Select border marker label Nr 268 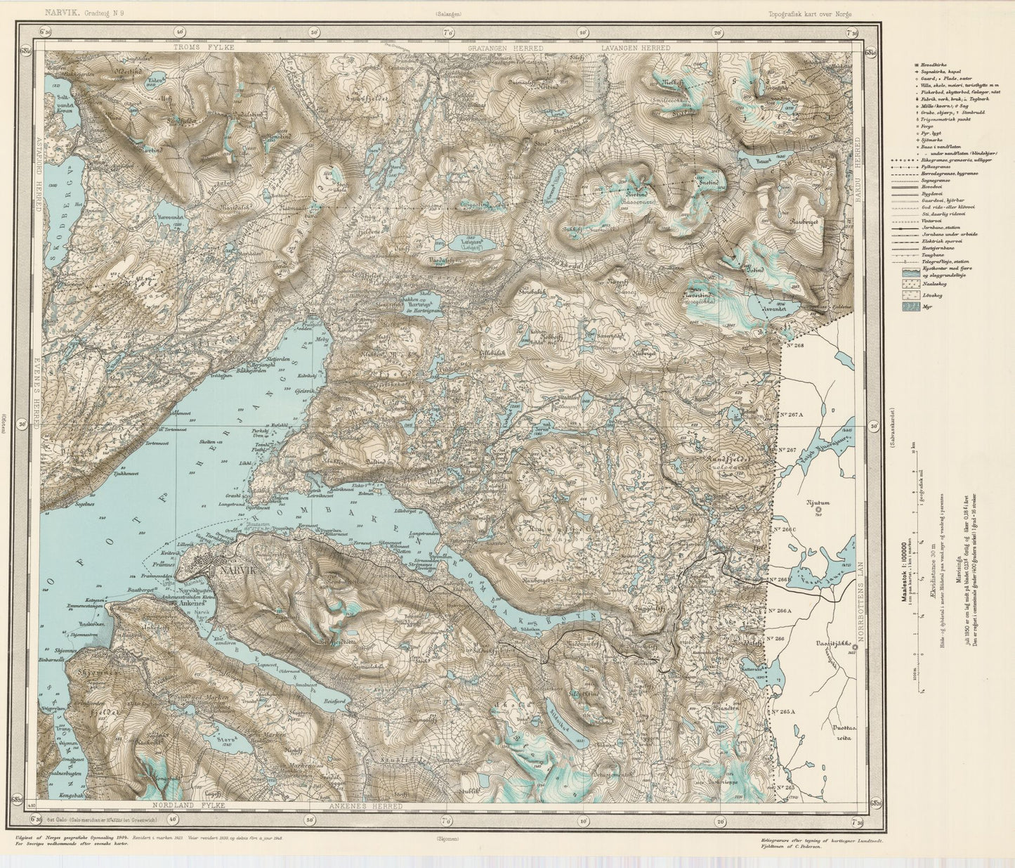[794, 345]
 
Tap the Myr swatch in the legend [911, 306]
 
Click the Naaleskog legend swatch [911, 284]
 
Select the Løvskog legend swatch [911, 295]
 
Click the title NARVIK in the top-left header [62, 13]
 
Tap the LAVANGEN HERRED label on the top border [635, 47]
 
